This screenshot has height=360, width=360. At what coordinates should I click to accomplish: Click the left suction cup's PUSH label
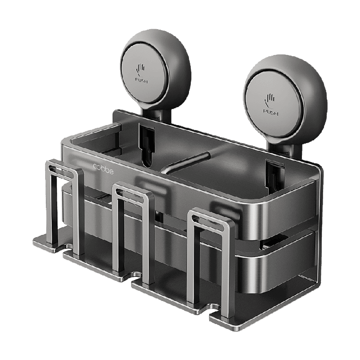142,81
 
